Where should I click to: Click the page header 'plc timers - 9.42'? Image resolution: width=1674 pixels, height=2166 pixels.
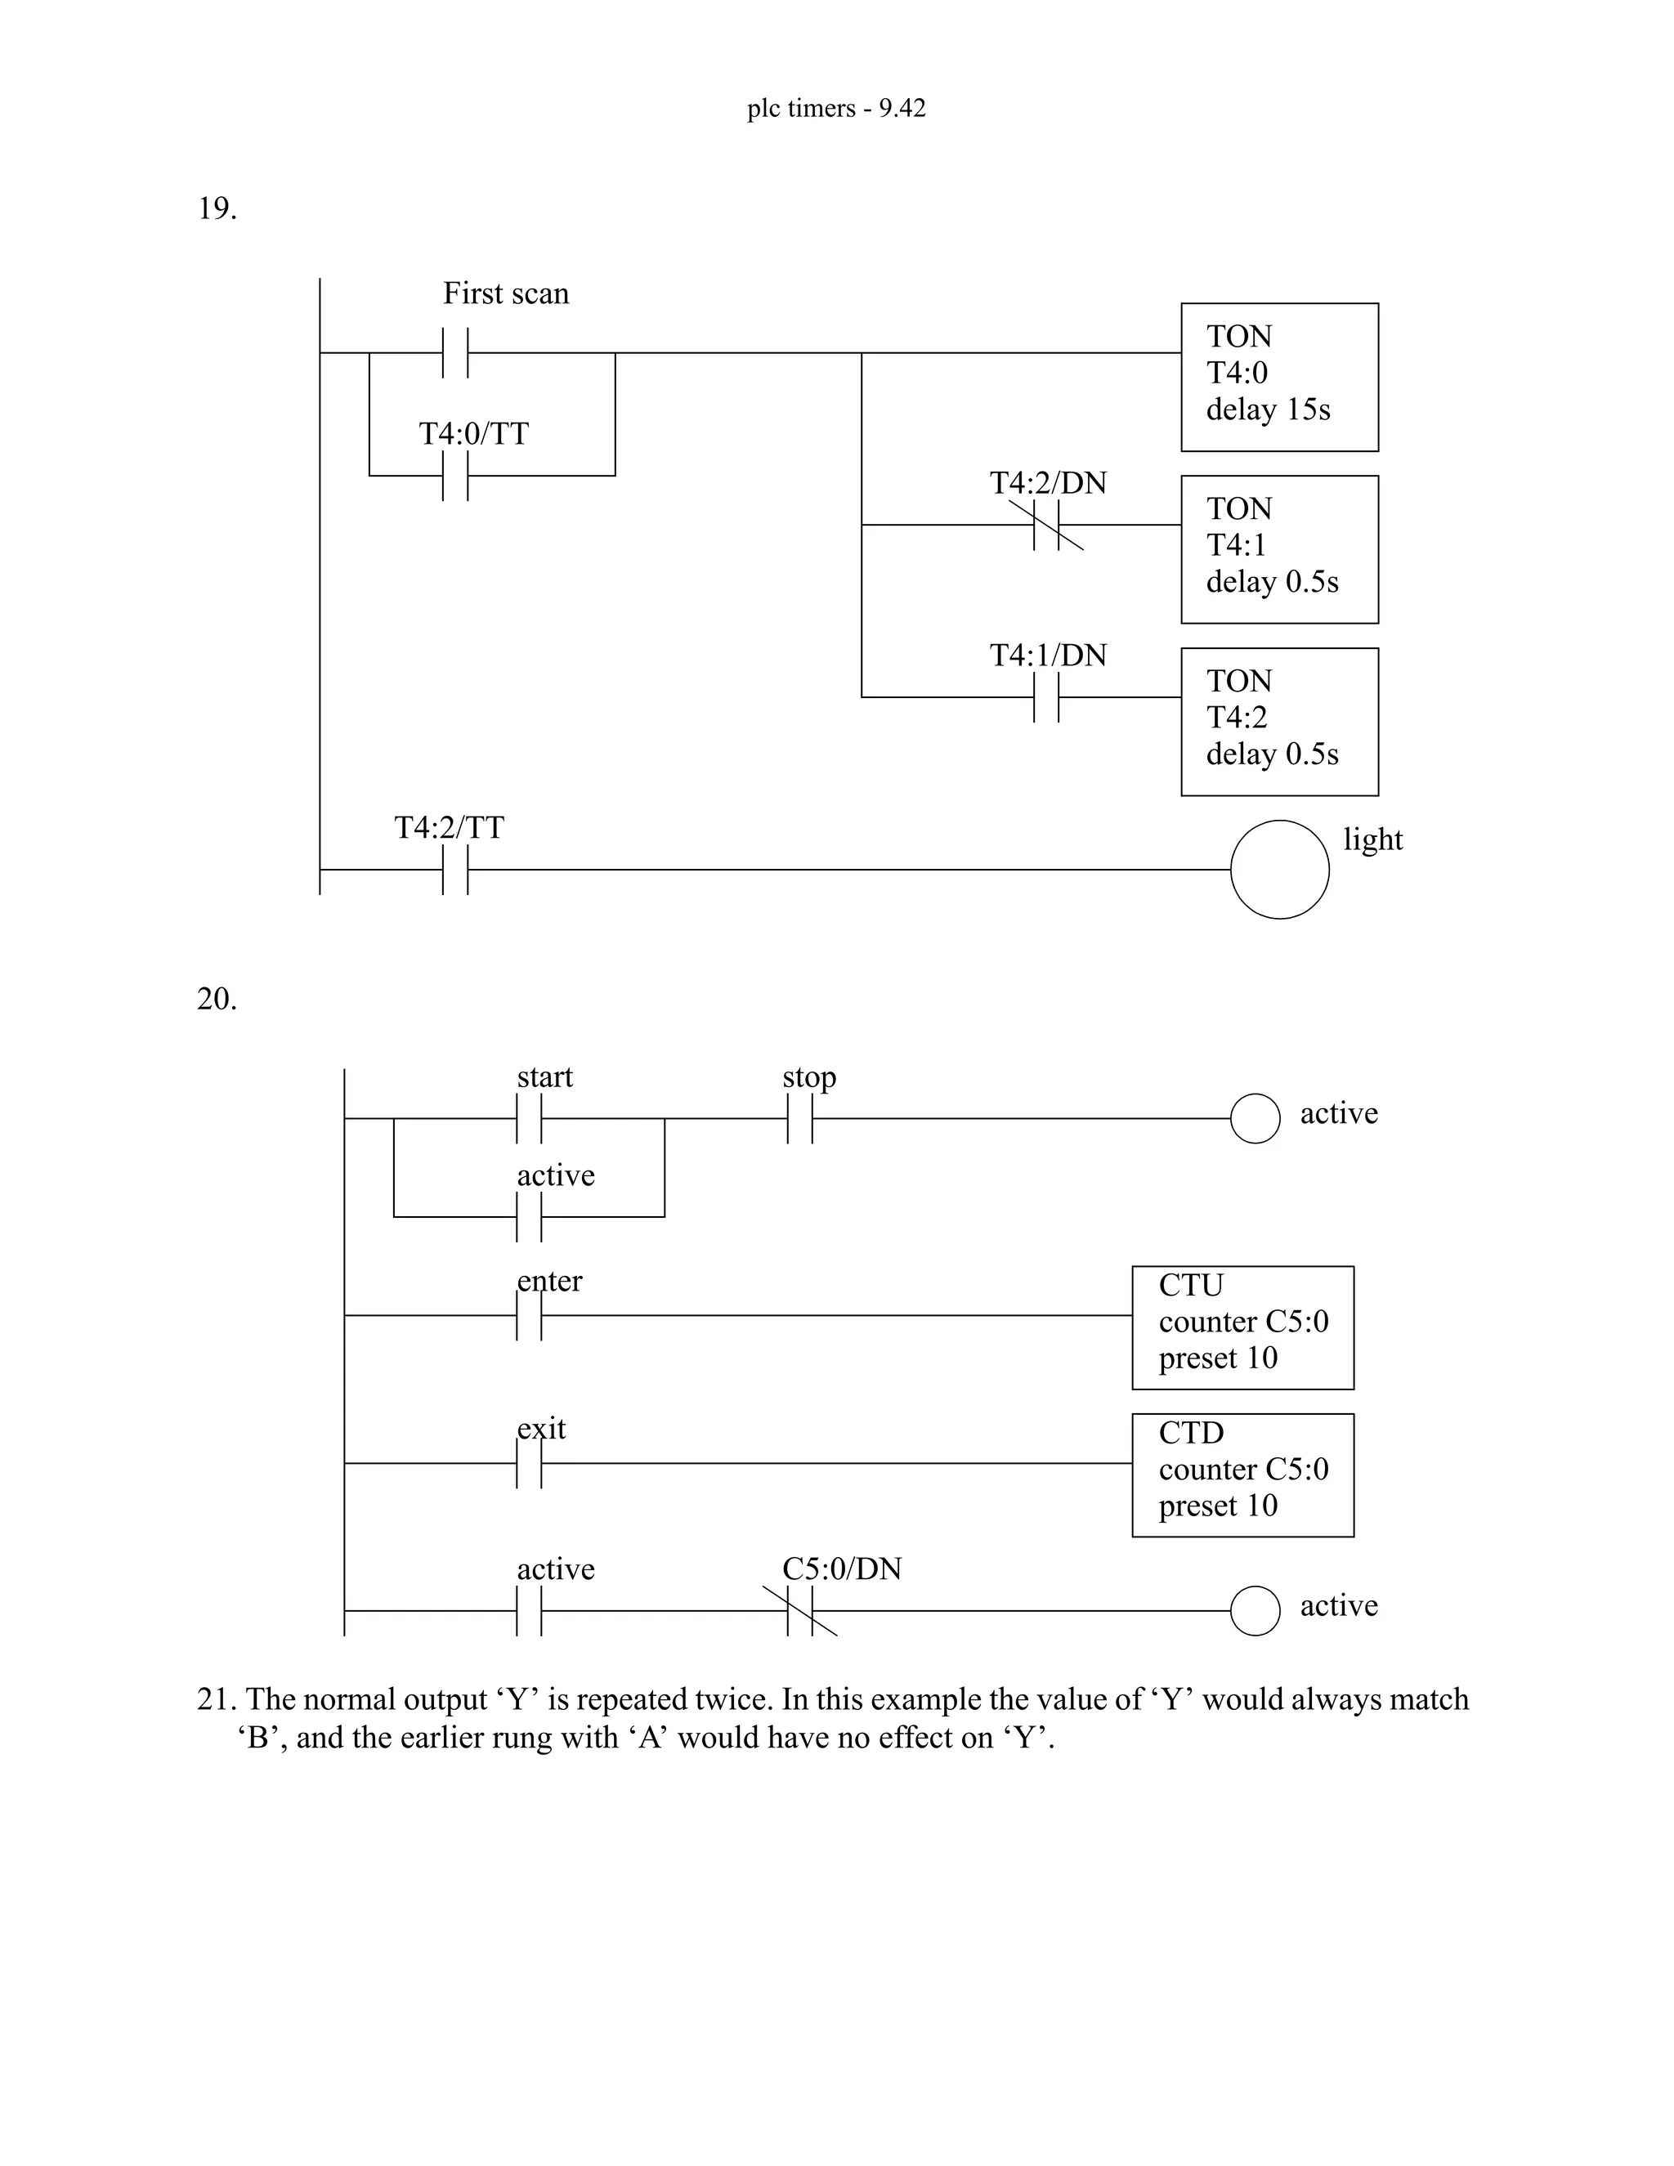pyautogui.click(x=836, y=108)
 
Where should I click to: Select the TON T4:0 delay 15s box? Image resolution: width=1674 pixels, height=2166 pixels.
pyautogui.click(x=1278, y=377)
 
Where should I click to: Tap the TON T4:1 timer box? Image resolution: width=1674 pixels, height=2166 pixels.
pyautogui.click(x=1278, y=549)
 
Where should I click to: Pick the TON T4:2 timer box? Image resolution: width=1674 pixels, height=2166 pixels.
pyautogui.click(x=1278, y=722)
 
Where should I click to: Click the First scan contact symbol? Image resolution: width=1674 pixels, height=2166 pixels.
pyautogui.click(x=455, y=352)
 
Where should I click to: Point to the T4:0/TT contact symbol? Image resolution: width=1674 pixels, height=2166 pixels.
pyautogui.click(x=455, y=475)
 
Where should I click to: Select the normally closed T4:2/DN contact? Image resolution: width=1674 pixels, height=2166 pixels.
pyautogui.click(x=1046, y=525)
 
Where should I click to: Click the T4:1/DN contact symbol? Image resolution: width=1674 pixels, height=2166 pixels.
pyautogui.click(x=1046, y=697)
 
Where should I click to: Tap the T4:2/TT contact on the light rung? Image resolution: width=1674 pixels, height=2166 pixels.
pyautogui.click(x=455, y=870)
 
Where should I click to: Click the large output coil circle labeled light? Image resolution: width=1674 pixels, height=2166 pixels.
pyautogui.click(x=1279, y=870)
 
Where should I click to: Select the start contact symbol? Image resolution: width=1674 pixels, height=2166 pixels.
pyautogui.click(x=530, y=1119)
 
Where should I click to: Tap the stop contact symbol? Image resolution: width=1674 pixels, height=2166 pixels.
pyautogui.click(x=800, y=1119)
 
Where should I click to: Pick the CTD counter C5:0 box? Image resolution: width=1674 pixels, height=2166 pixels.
pyautogui.click(x=1242, y=1475)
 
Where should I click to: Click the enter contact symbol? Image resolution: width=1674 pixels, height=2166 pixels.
pyautogui.click(x=530, y=1316)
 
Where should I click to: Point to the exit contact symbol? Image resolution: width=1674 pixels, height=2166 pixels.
pyautogui.click(x=530, y=1464)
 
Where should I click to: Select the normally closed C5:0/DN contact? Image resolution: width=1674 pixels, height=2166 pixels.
pyautogui.click(x=800, y=1612)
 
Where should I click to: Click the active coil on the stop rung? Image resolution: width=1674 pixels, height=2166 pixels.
pyautogui.click(x=1255, y=1119)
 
